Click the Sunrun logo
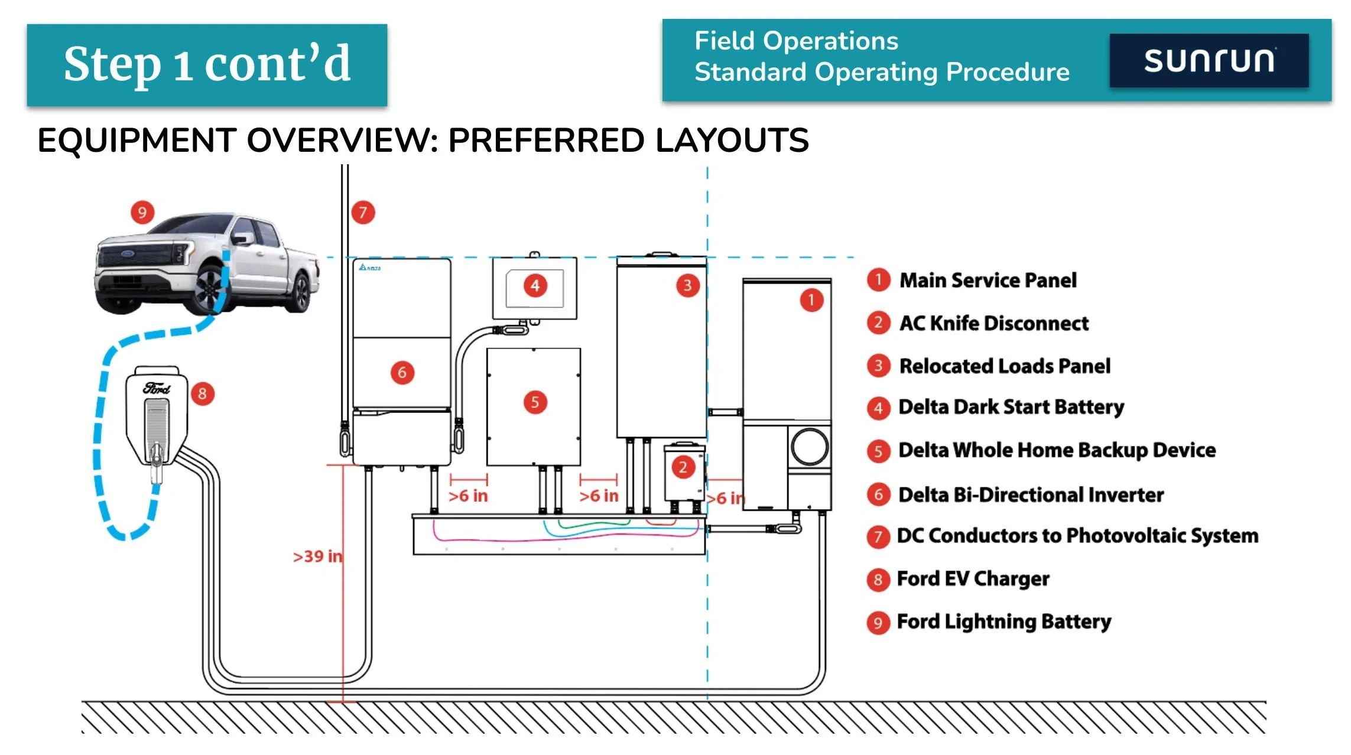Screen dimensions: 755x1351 coord(1209,61)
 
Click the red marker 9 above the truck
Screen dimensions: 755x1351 coord(142,212)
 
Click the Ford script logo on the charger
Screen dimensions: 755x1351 coord(157,388)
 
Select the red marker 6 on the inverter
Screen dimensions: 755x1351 coord(402,373)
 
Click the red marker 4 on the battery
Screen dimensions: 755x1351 coord(535,286)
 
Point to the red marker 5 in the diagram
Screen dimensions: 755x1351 coord(535,403)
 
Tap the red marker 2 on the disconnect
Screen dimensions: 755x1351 coord(683,467)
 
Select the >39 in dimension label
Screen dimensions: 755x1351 coord(317,557)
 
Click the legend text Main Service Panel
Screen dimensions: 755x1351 coord(988,280)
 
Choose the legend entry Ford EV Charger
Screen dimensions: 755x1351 coord(973,578)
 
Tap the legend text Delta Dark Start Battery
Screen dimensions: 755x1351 coord(1011,407)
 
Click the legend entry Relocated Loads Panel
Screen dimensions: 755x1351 coord(1004,366)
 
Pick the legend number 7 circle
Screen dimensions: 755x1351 coord(878,536)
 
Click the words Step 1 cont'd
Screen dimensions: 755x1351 coord(207,64)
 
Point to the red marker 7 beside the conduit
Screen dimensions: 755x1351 coord(363,212)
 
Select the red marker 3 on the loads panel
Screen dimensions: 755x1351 coord(687,286)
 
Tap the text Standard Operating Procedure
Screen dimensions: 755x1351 coord(882,72)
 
